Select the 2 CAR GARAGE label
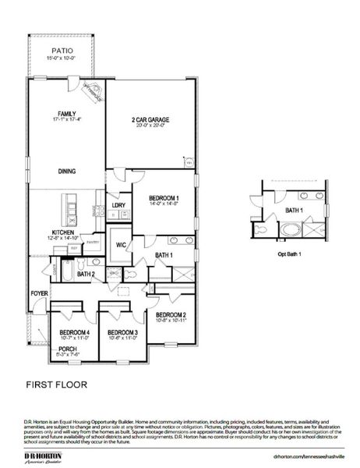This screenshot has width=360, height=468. point(150,119)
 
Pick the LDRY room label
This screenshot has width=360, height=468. point(118,205)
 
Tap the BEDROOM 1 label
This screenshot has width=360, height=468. point(164,198)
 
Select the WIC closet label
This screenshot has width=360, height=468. point(121,245)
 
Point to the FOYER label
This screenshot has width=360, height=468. point(39,293)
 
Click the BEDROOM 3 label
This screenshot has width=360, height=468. point(122,333)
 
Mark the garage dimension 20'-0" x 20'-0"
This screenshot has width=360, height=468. point(150,126)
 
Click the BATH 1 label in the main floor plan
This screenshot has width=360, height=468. point(164,255)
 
